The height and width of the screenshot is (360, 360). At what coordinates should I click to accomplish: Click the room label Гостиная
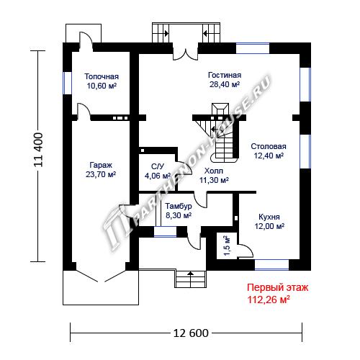(x=225, y=75)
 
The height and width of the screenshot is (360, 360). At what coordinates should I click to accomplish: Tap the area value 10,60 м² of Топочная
(x=102, y=86)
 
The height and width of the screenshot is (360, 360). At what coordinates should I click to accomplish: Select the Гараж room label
(x=101, y=166)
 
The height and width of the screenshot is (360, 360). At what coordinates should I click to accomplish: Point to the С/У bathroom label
(x=158, y=166)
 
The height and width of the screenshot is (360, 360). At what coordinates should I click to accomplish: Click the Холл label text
(x=214, y=171)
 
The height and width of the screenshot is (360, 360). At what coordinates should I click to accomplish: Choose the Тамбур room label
(x=179, y=206)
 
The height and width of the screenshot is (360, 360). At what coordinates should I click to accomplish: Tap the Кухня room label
(x=269, y=217)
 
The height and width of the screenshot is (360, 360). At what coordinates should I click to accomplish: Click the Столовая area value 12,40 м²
(x=269, y=156)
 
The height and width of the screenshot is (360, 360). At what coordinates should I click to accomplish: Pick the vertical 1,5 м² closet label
(x=227, y=246)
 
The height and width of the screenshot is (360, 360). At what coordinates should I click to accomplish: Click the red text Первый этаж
(x=278, y=287)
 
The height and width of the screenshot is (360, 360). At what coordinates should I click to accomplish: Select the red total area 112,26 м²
(x=269, y=300)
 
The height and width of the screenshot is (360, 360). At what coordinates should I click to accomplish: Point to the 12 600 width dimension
(x=191, y=333)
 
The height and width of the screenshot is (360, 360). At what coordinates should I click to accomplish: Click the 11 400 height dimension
(x=38, y=150)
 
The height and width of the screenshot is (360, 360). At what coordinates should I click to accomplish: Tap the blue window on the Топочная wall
(x=67, y=83)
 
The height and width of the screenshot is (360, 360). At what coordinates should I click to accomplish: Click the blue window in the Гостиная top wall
(x=253, y=48)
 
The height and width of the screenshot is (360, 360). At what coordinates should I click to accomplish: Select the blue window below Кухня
(x=271, y=265)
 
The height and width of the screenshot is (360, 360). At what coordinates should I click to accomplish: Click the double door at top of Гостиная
(x=186, y=51)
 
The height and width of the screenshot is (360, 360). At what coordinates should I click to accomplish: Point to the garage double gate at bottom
(x=101, y=276)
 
